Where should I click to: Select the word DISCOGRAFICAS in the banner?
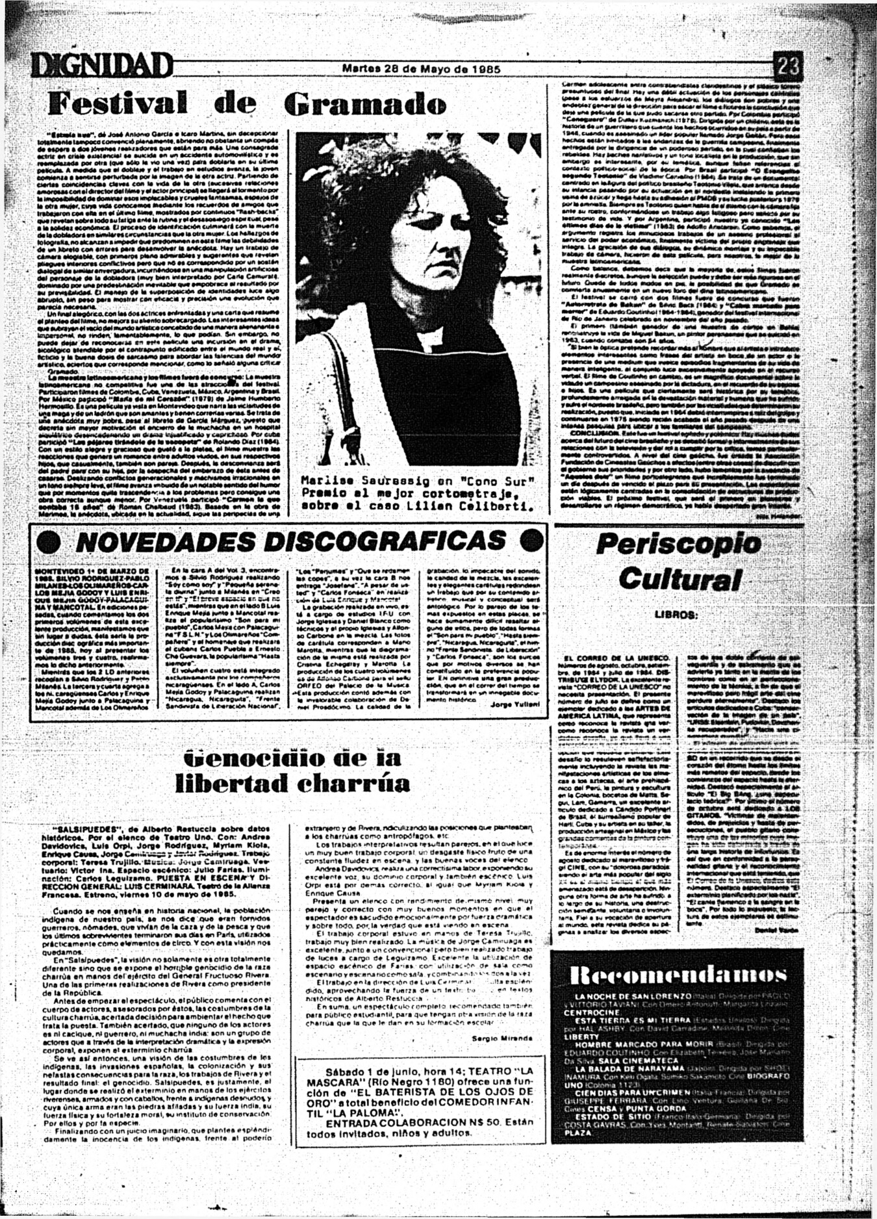387,541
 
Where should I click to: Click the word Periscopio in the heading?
678,544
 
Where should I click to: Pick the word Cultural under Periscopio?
679,578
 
